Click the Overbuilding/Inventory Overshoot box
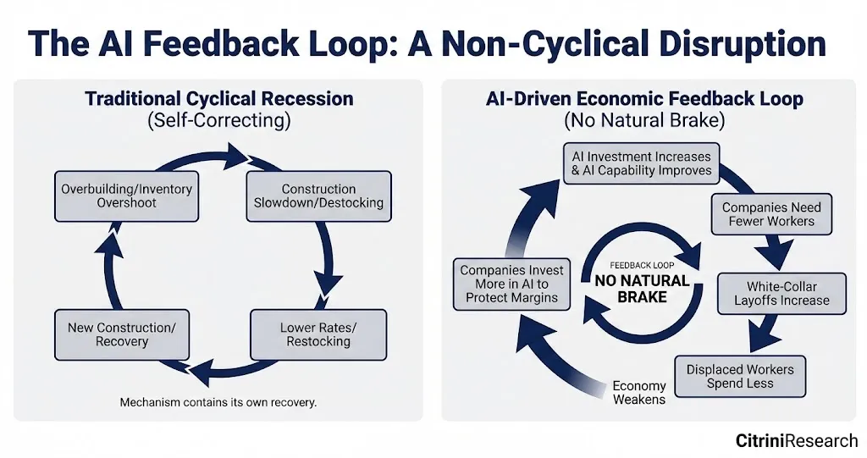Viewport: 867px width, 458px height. pos(126,196)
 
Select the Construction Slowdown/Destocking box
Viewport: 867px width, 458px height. pos(318,196)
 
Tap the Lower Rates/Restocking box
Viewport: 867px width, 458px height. pos(318,334)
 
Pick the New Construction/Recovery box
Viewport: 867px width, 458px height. pos(122,334)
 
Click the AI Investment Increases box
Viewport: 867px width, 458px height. pos(641,163)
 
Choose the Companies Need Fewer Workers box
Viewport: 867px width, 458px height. pos(771,214)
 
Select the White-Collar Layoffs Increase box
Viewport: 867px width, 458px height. pos(781,294)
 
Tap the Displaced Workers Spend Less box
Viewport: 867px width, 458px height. pos(740,377)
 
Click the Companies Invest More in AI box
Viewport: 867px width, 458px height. pos(511,284)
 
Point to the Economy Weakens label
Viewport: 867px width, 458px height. pos(639,393)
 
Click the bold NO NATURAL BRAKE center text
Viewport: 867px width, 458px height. pos(643,288)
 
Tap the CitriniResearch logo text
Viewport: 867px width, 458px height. pos(796,441)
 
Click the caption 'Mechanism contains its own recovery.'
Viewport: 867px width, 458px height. pos(218,402)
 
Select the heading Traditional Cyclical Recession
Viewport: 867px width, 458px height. pos(218,99)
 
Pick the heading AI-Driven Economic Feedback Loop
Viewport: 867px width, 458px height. pos(644,99)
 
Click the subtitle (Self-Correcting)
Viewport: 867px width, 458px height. pos(218,121)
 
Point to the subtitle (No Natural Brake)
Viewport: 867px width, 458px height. pos(644,121)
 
